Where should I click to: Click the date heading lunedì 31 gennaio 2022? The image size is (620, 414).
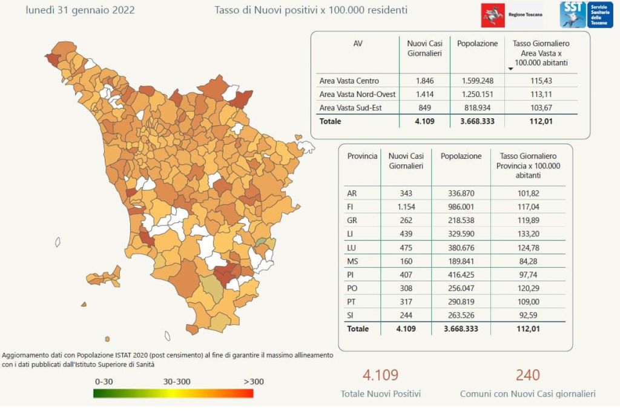80,10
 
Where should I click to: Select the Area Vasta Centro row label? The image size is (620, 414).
349,81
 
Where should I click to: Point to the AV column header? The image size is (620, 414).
358,44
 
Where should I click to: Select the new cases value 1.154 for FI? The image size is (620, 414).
406,207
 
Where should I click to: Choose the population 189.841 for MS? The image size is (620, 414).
461,261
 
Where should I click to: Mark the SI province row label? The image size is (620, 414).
351,315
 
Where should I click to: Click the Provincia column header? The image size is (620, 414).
362,156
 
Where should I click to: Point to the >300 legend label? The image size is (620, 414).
254,381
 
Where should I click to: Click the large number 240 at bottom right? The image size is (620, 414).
527,375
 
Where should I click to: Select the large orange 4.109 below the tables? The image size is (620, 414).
380,375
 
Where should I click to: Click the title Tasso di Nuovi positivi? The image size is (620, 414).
311,10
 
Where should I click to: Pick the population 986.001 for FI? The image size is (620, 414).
461,207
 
